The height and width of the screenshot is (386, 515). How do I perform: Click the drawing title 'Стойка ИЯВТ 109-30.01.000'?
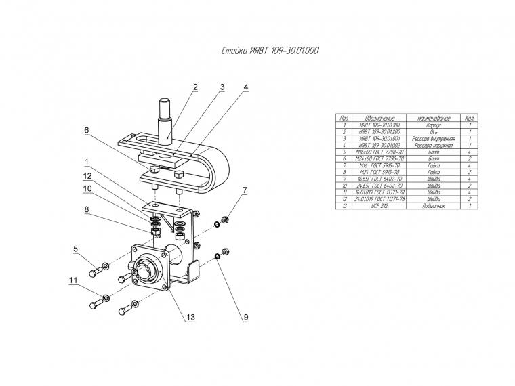pos(270,51)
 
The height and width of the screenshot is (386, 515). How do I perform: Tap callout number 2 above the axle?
pos(194,87)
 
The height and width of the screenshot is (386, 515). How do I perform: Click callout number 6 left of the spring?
pos(87,130)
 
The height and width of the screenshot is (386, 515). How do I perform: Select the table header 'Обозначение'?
pos(379,118)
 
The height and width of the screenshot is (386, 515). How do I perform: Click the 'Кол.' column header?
pos(469,118)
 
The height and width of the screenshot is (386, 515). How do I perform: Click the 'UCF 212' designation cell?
pos(379,205)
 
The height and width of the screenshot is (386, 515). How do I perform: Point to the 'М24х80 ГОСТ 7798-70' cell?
pos(379,158)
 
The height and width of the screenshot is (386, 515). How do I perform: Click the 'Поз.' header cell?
pos(344,118)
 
